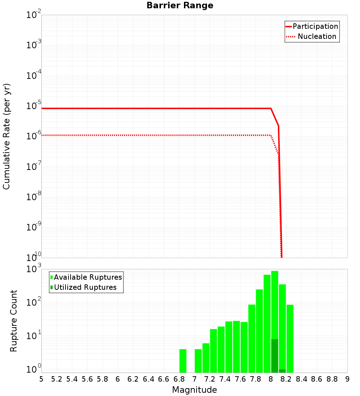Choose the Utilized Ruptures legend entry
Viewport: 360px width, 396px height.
tap(85, 287)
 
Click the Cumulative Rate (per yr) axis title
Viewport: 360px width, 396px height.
tap(6, 136)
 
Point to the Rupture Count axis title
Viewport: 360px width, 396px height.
tap(14, 321)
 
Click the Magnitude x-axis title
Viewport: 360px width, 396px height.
tap(194, 390)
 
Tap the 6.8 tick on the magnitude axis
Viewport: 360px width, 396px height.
tap(179, 379)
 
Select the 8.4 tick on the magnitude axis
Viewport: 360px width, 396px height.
tap(302, 379)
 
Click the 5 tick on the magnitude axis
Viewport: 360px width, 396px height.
tap(41, 379)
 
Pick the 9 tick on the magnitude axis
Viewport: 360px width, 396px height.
tap(347, 379)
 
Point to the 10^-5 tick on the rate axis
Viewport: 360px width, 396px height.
tap(33, 105)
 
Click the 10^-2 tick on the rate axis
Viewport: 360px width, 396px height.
tap(33, 15)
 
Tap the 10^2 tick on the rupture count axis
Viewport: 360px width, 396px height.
tap(33, 302)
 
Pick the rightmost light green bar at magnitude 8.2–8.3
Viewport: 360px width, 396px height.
tap(290, 338)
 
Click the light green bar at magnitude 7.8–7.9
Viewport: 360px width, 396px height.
tap(260, 331)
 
